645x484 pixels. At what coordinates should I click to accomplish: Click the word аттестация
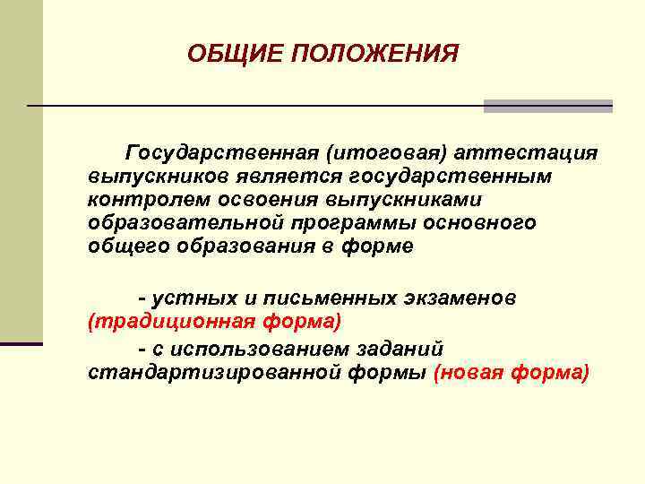click(x=527, y=152)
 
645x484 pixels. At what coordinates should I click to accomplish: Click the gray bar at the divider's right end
click(x=547, y=106)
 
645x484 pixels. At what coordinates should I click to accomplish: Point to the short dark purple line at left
click(x=21, y=343)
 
